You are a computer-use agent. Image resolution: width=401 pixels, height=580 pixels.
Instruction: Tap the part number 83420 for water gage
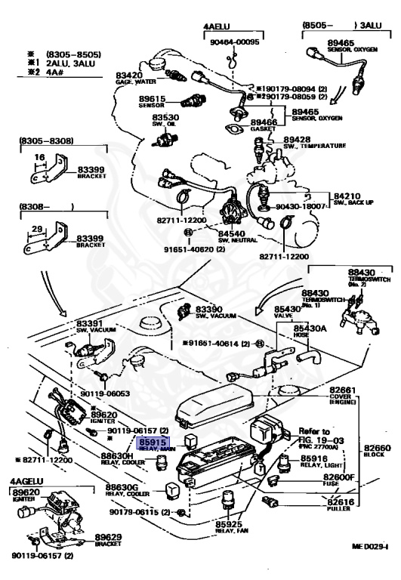click(x=129, y=76)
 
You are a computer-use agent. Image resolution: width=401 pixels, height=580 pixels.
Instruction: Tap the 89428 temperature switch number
click(x=297, y=140)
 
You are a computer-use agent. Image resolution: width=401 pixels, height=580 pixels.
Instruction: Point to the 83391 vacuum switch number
click(x=89, y=323)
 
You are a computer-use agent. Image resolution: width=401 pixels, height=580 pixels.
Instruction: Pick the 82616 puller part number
click(x=338, y=501)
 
